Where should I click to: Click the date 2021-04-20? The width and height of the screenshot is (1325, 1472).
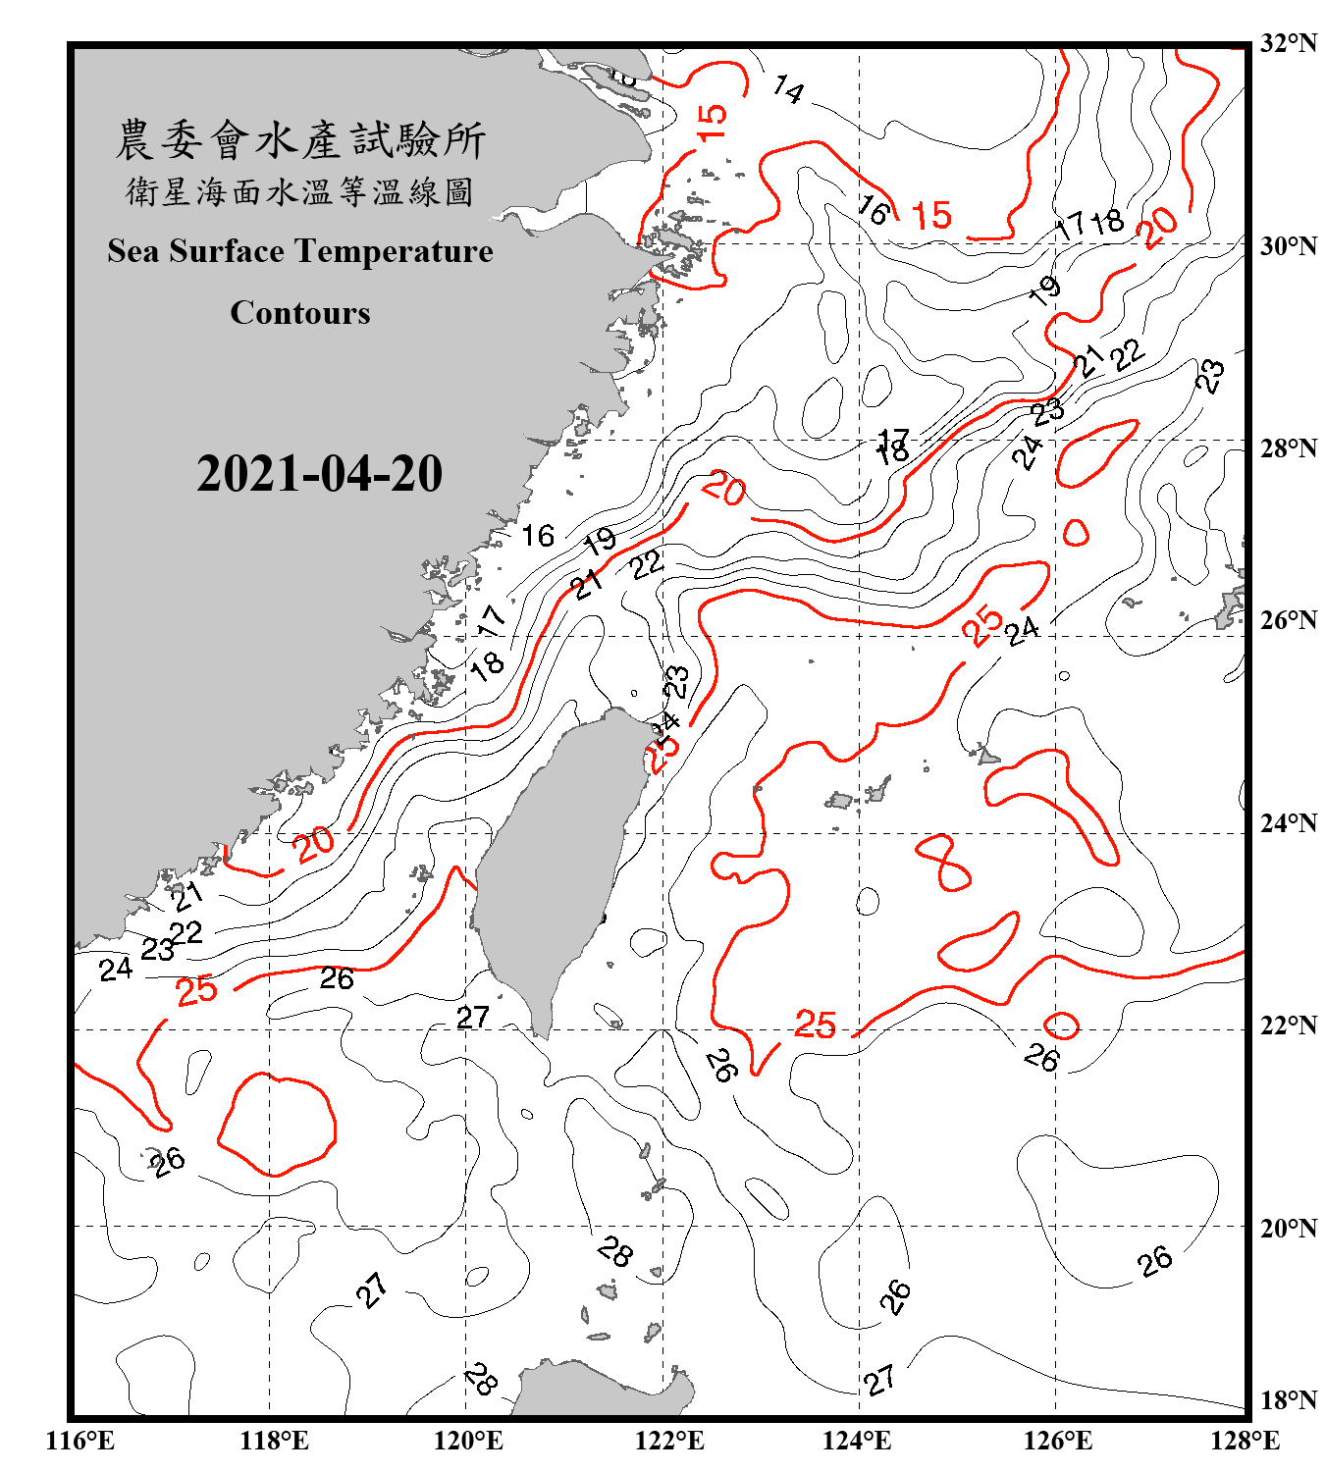[x=319, y=474]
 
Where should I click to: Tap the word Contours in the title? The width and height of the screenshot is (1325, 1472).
[x=300, y=313]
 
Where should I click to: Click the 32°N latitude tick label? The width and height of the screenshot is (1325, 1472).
[x=1289, y=43]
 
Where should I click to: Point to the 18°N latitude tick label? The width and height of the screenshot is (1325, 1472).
[x=1289, y=1400]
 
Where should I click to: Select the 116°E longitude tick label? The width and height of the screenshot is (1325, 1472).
[x=80, y=1441]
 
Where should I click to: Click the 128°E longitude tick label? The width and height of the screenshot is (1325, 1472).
[x=1245, y=1441]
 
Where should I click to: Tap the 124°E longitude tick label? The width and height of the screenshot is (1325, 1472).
[x=857, y=1441]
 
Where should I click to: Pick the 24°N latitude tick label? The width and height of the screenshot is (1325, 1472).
[x=1289, y=823]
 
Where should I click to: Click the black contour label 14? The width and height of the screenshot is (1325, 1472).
[x=788, y=90]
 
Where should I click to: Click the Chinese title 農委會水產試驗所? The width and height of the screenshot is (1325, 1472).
[x=300, y=139]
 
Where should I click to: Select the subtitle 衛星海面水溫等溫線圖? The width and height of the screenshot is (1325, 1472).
[x=300, y=191]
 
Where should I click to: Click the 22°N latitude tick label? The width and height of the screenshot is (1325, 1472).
[x=1289, y=1025]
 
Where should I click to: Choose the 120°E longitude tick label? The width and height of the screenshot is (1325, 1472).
[x=468, y=1441]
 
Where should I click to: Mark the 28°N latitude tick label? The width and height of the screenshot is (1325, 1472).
[x=1289, y=448]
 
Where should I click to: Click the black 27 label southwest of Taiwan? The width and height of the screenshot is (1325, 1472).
[x=473, y=1017]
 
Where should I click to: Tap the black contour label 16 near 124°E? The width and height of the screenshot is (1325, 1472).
[x=873, y=209]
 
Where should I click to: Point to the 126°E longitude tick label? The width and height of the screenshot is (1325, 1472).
[x=1057, y=1441]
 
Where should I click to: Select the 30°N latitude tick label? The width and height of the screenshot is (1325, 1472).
[x=1289, y=246]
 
